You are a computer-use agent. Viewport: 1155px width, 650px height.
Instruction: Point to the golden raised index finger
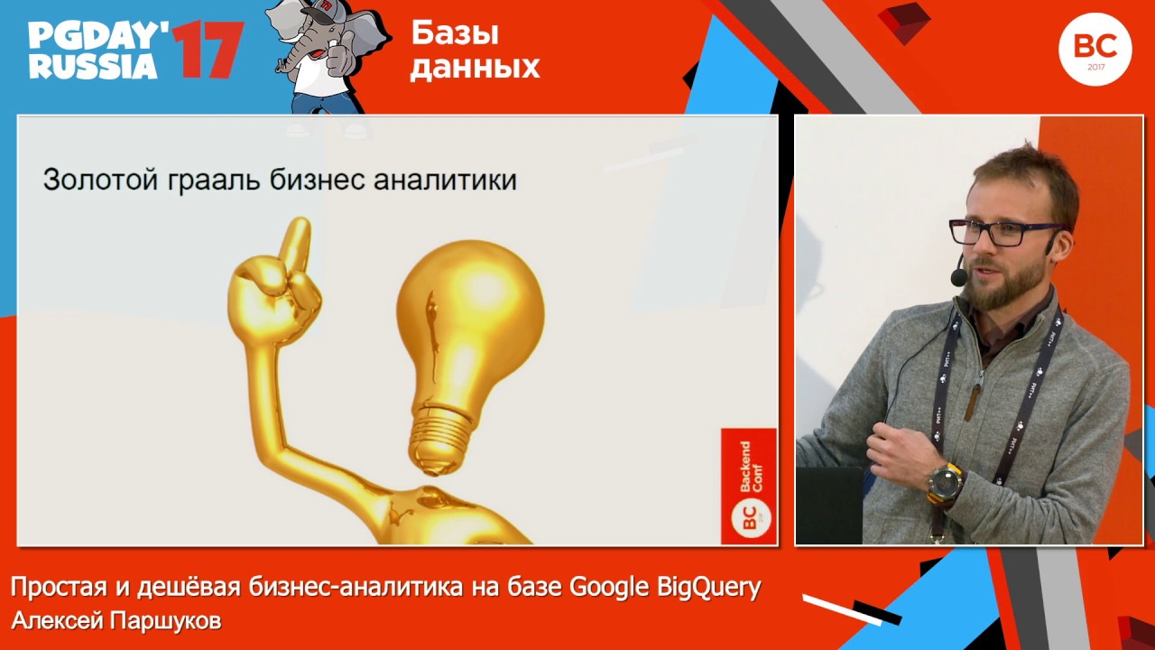(294, 244)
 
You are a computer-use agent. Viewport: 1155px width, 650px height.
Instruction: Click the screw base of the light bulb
(441, 438)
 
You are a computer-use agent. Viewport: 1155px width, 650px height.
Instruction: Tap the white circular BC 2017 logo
(1095, 49)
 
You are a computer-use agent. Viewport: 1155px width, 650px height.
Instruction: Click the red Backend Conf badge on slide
(748, 486)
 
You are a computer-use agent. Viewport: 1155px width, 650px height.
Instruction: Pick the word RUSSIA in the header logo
(93, 67)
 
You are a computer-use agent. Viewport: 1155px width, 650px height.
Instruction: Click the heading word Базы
(455, 32)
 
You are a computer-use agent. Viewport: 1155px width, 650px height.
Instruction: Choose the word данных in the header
(475, 67)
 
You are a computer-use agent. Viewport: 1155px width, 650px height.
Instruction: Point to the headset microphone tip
(958, 276)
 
